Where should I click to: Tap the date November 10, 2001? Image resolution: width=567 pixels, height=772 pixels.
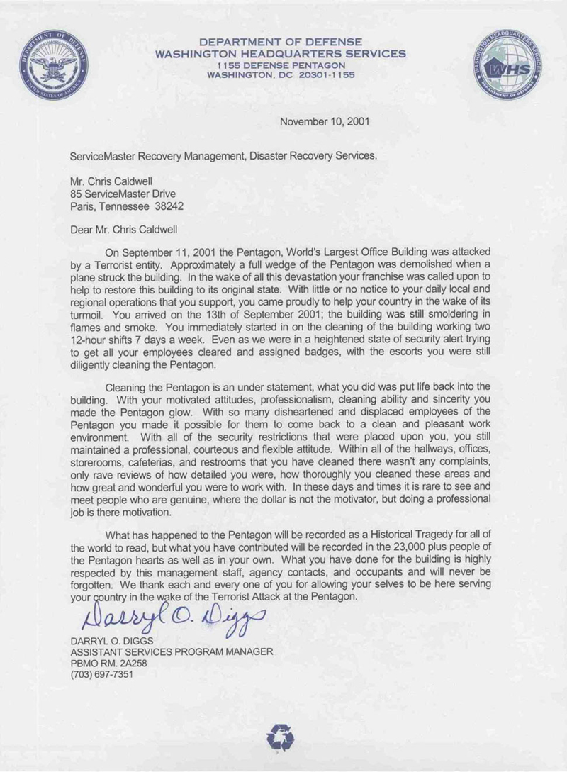tap(324, 121)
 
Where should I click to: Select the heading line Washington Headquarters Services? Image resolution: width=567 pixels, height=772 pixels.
tap(281, 53)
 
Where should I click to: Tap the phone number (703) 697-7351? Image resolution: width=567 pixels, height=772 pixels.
tap(102, 674)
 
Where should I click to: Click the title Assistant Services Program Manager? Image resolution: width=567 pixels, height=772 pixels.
tap(172, 652)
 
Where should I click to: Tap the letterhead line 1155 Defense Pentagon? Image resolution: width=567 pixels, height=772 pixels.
tap(281, 65)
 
